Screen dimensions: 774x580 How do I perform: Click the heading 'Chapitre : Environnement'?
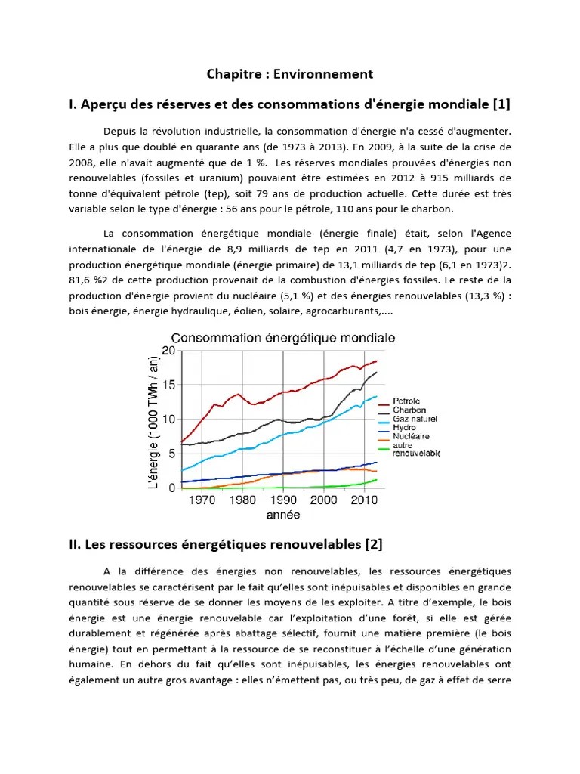tap(290, 73)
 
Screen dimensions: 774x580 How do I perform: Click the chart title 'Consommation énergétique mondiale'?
tap(283, 338)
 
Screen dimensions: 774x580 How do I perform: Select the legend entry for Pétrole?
tap(406, 401)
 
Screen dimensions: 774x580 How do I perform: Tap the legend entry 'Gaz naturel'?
tap(414, 419)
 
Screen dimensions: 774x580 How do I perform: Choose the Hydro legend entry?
tap(404, 428)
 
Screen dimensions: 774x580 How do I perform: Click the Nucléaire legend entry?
tap(411, 436)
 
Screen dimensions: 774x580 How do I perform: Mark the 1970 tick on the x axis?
tap(202, 500)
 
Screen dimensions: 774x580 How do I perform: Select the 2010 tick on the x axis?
tap(365, 500)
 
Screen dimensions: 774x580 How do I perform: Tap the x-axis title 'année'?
tap(283, 515)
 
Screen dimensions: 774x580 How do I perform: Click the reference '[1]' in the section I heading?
tap(501, 104)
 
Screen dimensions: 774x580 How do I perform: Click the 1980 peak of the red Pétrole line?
tap(238, 394)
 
